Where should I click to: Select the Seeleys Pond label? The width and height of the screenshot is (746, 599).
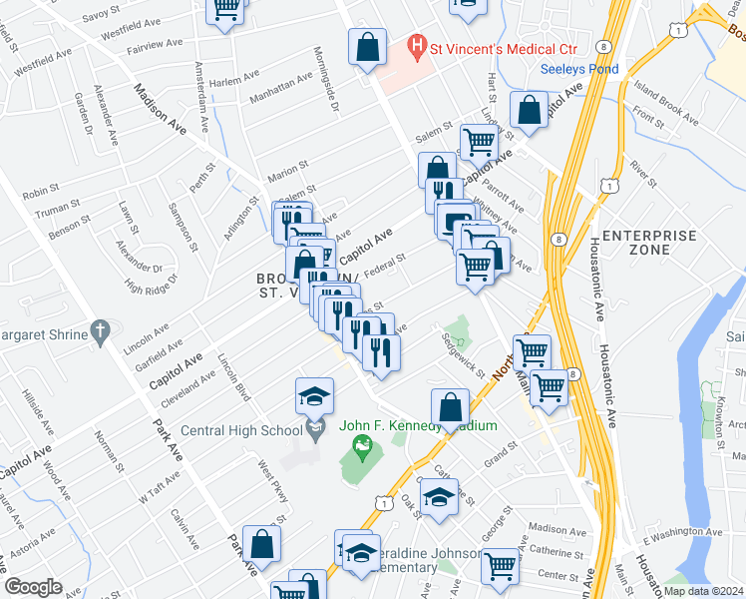tap(579, 69)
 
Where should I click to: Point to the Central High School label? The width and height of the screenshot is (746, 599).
tap(241, 431)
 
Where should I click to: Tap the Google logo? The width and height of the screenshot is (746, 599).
tap(33, 587)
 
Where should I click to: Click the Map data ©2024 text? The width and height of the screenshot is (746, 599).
tap(703, 591)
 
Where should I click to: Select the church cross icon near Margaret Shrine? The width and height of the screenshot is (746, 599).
tap(98, 329)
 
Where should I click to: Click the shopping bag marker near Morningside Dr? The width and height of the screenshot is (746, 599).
tap(367, 46)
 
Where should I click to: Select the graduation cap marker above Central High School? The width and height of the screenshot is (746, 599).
tap(314, 397)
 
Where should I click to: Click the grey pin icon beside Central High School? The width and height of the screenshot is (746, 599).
tap(315, 430)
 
